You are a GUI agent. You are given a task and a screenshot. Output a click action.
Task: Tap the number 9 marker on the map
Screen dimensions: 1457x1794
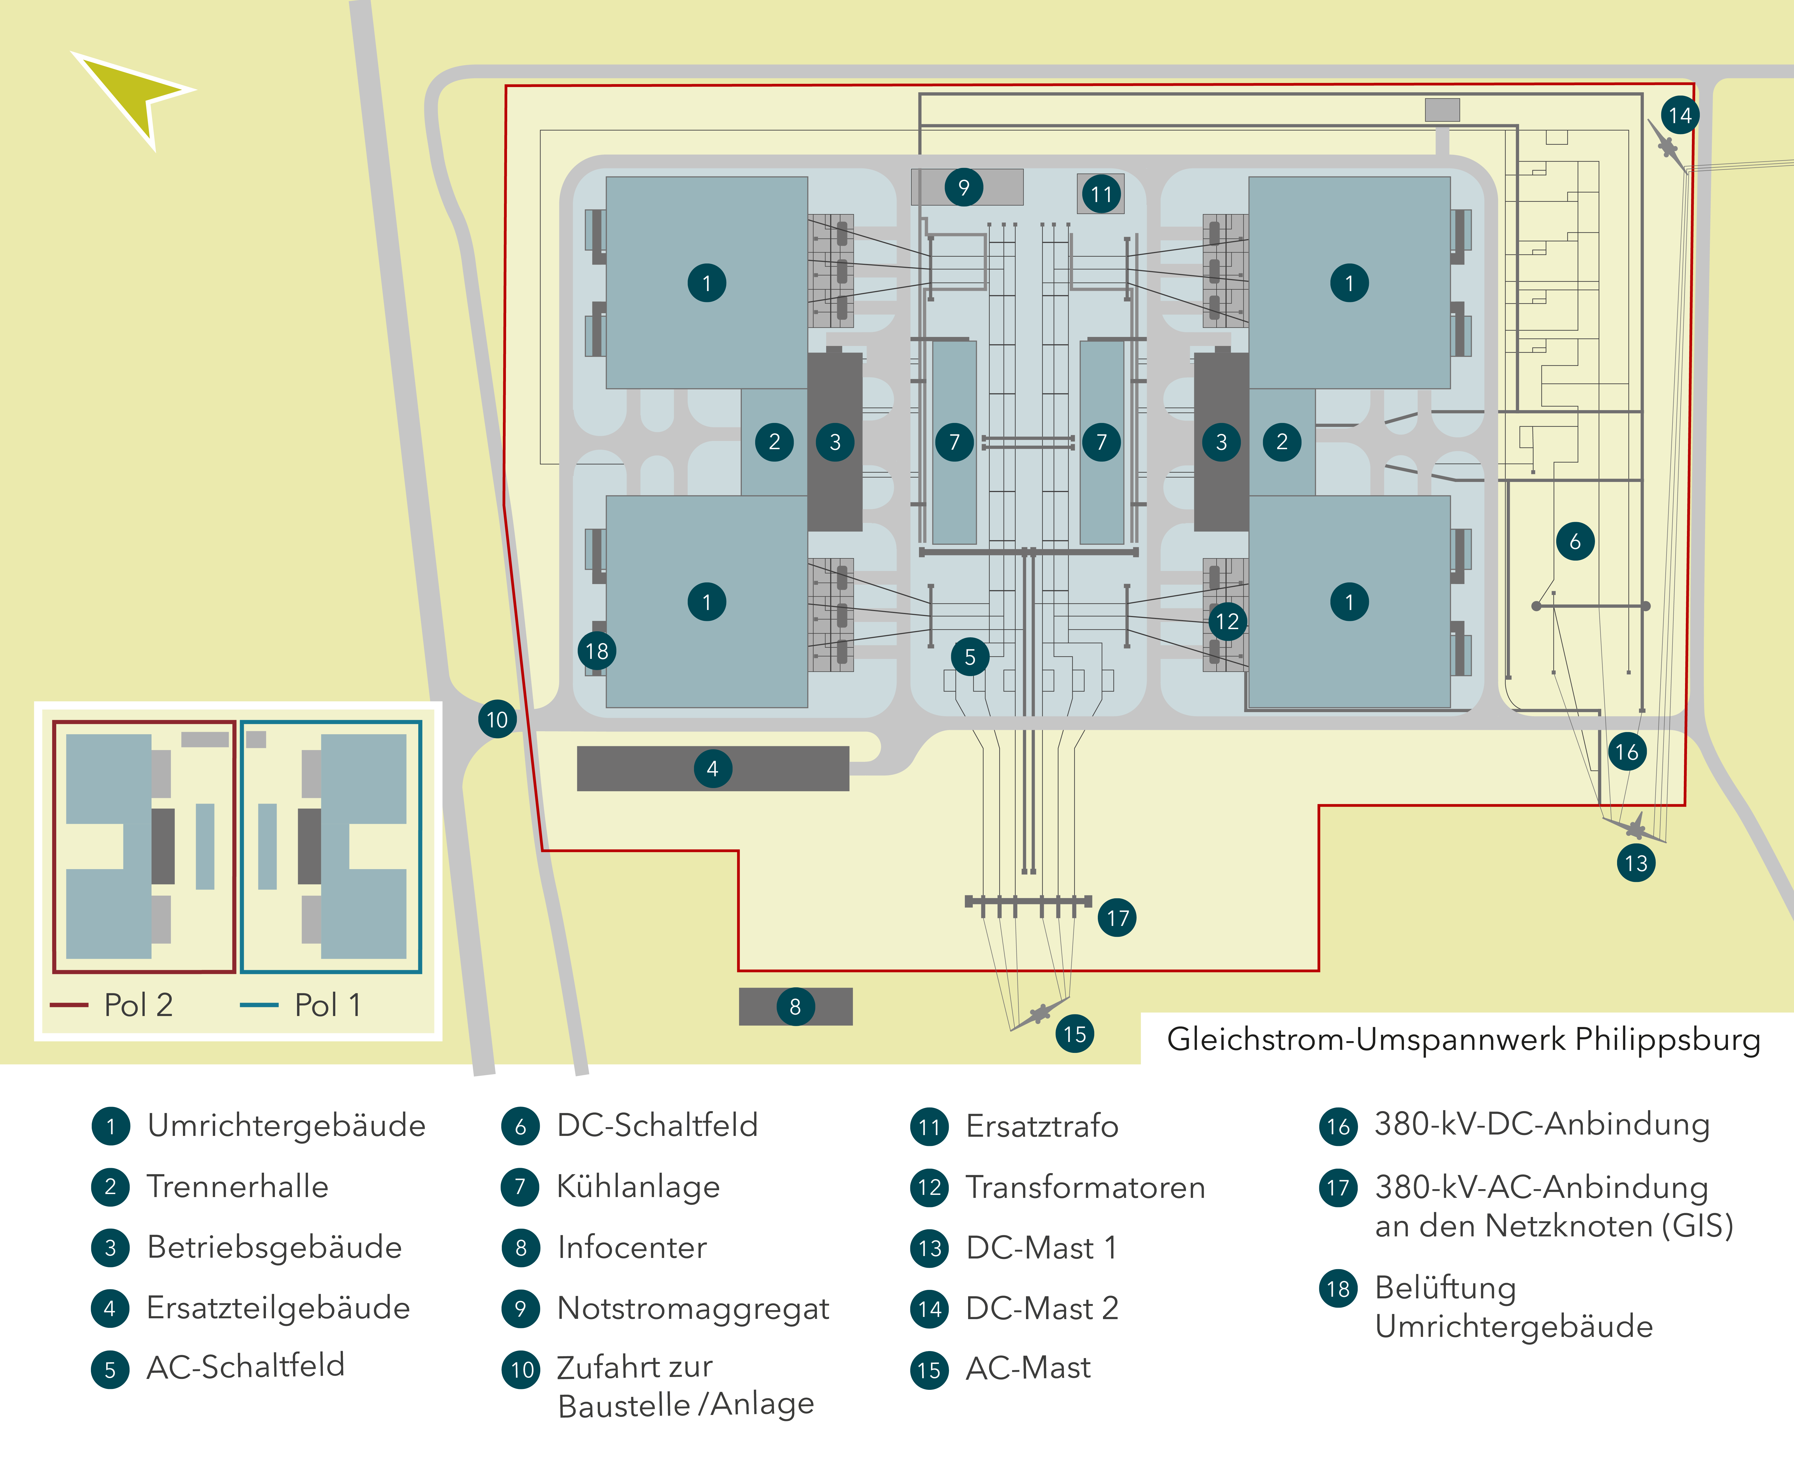[x=963, y=187]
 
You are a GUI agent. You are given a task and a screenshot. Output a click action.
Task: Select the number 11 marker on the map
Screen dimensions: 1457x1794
[x=1101, y=194]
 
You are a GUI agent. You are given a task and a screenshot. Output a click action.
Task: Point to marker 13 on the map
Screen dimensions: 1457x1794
[x=1635, y=863]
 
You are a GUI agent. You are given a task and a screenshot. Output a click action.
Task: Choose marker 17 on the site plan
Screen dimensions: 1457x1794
[x=1117, y=917]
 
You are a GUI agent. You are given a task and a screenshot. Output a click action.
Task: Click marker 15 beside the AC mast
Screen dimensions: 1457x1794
[x=1074, y=1033]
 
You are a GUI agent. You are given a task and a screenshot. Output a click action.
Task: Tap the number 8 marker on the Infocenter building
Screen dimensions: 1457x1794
[x=795, y=1006]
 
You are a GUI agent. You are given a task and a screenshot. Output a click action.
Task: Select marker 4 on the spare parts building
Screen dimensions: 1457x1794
[x=712, y=768]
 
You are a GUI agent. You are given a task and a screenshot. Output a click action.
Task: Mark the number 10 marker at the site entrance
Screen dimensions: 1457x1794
[x=497, y=719]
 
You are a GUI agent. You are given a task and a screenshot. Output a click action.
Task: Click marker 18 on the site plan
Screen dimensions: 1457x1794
[x=597, y=650]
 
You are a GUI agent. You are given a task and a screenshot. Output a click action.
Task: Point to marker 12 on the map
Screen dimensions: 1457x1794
[x=1227, y=621]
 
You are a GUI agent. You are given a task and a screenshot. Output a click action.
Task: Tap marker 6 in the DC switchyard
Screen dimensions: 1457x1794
[x=1575, y=541]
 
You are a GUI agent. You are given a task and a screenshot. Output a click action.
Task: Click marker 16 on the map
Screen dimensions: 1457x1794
[x=1626, y=751]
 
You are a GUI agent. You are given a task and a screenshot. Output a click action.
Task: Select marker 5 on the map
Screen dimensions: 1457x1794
[x=970, y=656]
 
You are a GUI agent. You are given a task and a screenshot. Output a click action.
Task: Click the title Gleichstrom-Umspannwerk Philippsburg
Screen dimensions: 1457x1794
[x=1463, y=1039]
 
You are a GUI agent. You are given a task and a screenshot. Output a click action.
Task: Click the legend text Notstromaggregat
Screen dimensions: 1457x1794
[x=693, y=1308]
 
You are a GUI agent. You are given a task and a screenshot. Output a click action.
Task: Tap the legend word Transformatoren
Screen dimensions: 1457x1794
[x=1085, y=1187]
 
